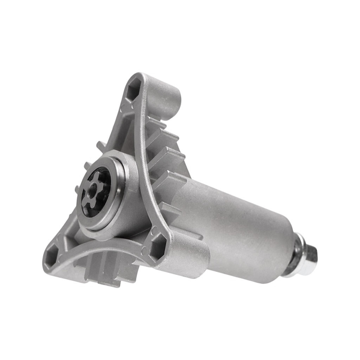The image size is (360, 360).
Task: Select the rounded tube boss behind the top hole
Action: [165, 96]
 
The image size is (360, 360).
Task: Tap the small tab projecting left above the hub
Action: [99, 146]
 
